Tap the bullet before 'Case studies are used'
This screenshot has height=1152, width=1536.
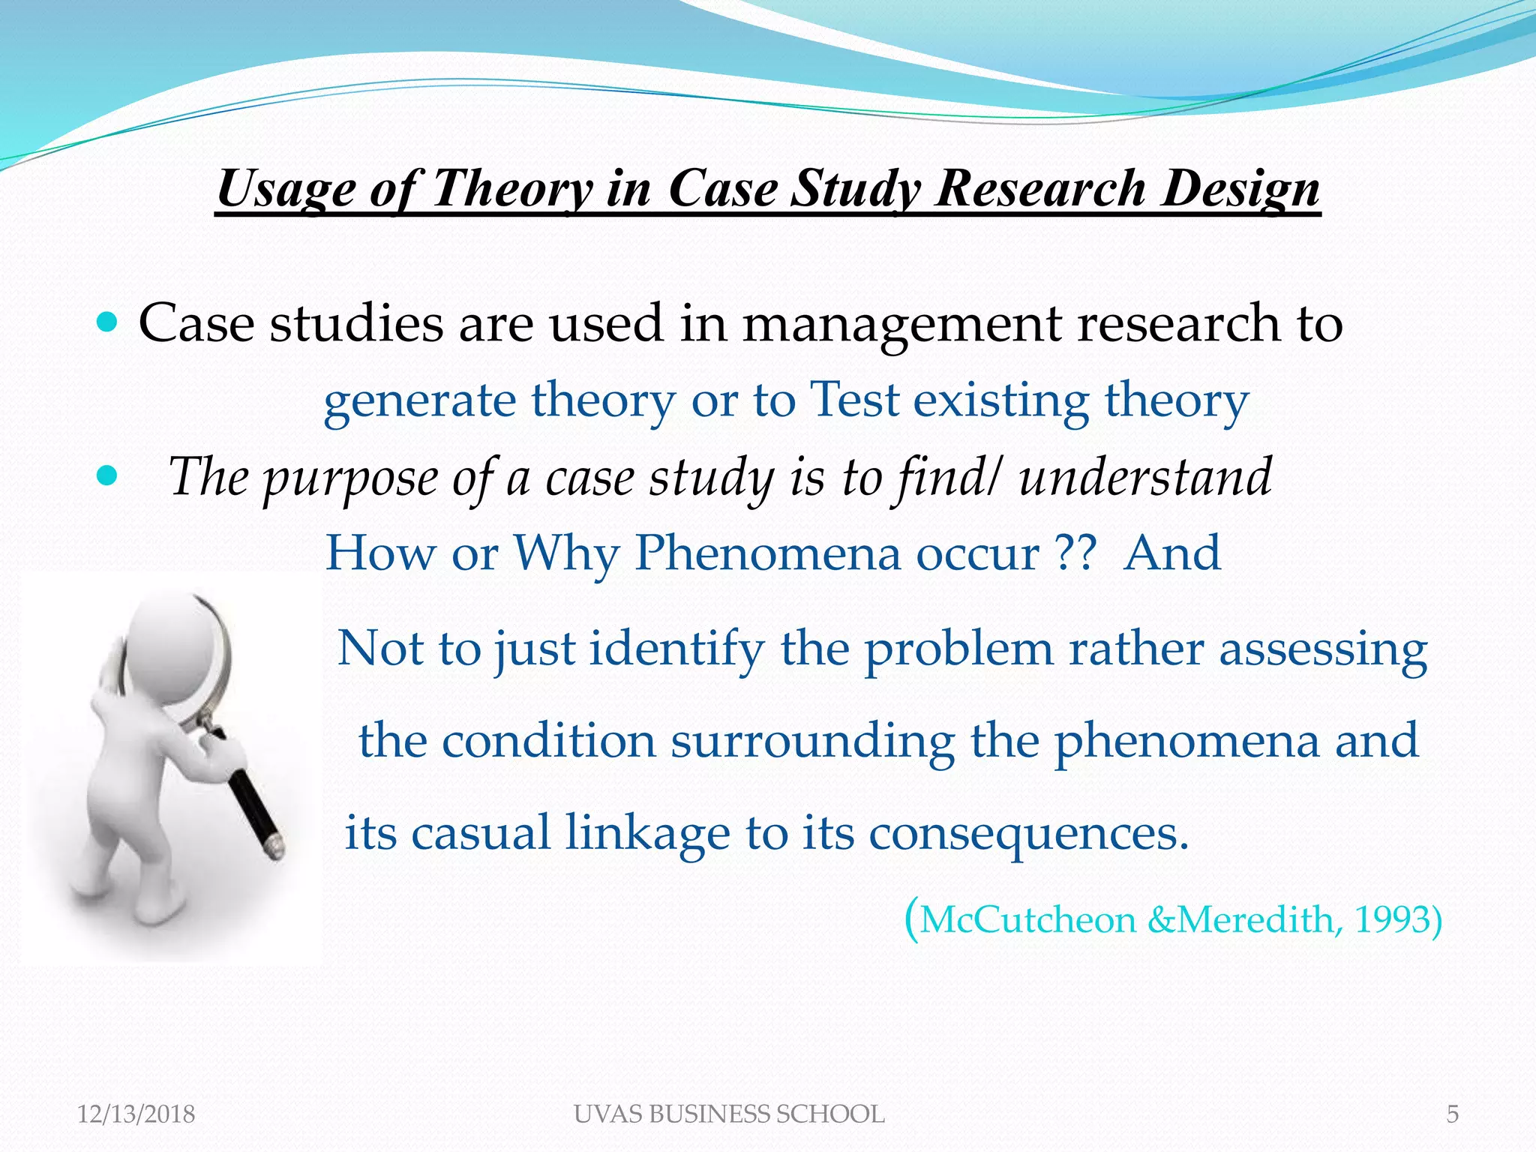[x=109, y=323]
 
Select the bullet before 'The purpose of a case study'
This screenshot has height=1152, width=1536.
[x=109, y=475]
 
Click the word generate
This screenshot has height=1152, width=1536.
[x=419, y=401]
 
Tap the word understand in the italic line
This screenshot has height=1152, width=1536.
[x=1144, y=477]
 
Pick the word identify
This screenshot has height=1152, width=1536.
[x=676, y=648]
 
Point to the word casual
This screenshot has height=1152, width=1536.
[x=481, y=832]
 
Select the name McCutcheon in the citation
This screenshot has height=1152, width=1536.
[x=1028, y=919]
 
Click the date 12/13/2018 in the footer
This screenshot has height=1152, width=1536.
[x=136, y=1114]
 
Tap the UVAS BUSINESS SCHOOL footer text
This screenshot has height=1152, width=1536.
[x=729, y=1114]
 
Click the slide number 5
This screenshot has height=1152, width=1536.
[x=1452, y=1114]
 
